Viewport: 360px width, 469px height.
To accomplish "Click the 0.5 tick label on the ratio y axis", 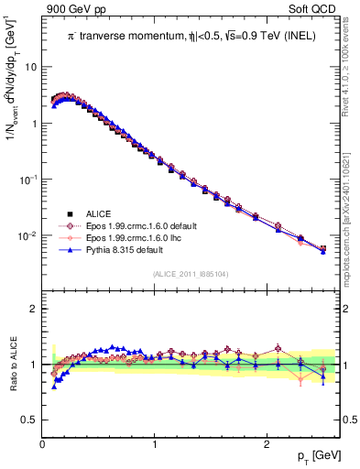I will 30,420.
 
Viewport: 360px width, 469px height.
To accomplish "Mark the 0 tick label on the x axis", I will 43,444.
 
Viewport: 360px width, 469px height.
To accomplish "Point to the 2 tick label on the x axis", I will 267,444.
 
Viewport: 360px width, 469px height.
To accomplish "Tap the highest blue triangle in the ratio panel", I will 112,347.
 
